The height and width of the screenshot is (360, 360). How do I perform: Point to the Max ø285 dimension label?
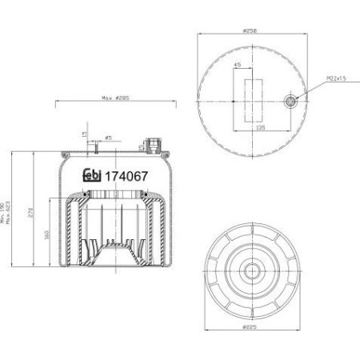117,98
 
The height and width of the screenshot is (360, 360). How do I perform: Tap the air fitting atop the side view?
151,145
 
